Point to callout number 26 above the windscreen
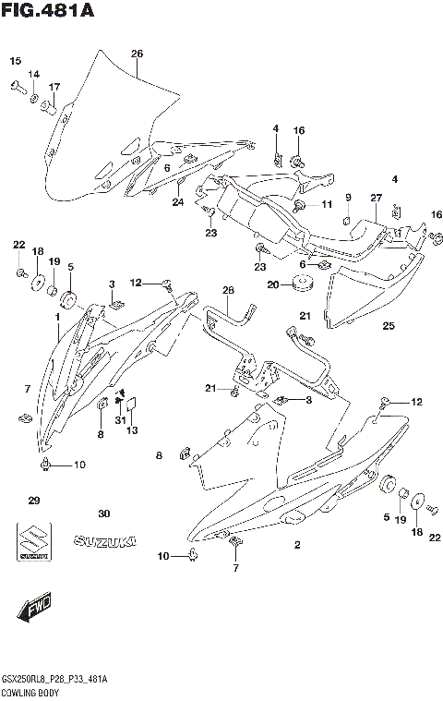coord(137,54)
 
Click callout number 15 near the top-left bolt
coord(15,61)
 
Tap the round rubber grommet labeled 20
coord(302,283)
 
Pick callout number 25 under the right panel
coord(388,325)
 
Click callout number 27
coord(376,198)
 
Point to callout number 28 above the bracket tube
coord(229,291)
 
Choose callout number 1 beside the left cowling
coord(57,317)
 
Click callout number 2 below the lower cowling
coord(297,545)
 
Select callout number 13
coord(131,430)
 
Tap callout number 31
coord(118,421)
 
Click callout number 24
coord(178,202)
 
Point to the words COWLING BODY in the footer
coord(27,690)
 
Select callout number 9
coord(349,197)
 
